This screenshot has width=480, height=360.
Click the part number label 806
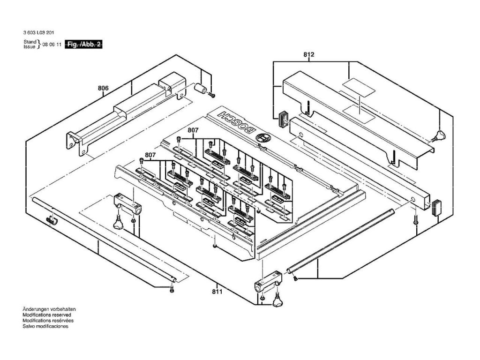[103, 88]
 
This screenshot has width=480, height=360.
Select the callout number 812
[308, 55]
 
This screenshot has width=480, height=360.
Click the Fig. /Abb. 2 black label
[84, 44]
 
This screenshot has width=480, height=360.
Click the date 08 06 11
[52, 45]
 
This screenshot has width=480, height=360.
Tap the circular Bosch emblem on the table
[262, 138]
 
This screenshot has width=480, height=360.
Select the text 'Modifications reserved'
[46, 315]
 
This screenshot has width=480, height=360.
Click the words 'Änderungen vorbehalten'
[49, 310]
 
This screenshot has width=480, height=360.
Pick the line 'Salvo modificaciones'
[45, 326]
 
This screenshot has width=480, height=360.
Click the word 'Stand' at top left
[29, 42]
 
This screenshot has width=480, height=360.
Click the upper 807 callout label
[193, 130]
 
